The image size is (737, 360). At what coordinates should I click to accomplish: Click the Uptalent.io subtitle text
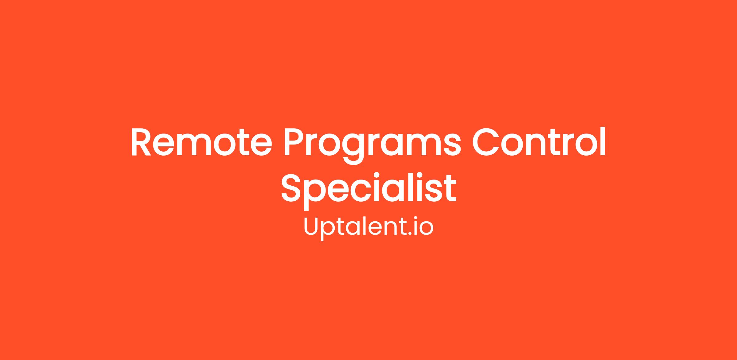pos(368,227)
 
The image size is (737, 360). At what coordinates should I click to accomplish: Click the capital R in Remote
pos(141,142)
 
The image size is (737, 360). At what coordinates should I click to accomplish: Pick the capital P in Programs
pos(294,142)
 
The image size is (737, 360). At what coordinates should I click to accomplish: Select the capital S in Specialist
pos(291,188)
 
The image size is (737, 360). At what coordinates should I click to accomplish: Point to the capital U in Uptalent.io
pos(312,226)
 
